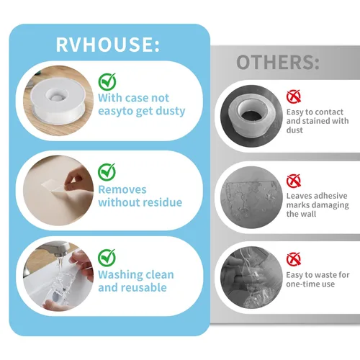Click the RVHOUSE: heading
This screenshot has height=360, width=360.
(107, 44)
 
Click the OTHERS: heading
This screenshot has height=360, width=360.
(278, 62)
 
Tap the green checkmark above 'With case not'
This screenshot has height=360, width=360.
(107, 81)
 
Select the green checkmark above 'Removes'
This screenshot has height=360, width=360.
(107, 172)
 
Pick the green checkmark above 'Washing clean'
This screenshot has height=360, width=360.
(107, 258)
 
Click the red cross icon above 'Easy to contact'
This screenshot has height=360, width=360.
(294, 96)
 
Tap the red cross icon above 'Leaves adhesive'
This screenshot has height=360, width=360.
(294, 181)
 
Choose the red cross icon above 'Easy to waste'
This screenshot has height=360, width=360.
(294, 259)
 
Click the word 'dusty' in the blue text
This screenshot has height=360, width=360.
(171, 111)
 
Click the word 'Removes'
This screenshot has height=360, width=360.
(122, 189)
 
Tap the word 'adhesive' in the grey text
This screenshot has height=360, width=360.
(332, 196)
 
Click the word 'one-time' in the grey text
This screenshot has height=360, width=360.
(301, 284)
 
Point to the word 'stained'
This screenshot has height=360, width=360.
(317, 121)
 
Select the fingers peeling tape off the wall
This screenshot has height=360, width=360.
(77, 179)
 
